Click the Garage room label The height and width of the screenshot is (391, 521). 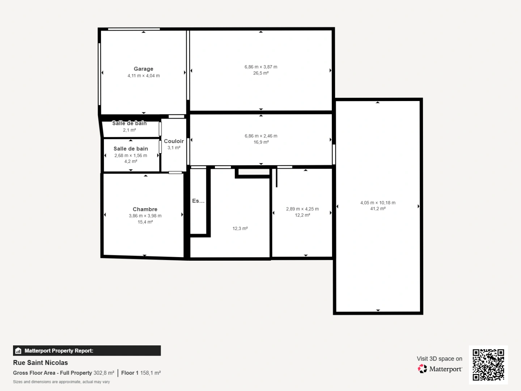point(143,69)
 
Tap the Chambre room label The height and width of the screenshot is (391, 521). point(145,209)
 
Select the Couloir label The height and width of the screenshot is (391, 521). point(174,141)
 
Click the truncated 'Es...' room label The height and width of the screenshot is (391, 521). point(198,201)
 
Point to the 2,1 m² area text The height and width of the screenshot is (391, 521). point(129,130)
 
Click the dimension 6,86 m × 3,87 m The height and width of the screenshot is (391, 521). point(260,67)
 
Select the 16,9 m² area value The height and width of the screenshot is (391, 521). point(261,142)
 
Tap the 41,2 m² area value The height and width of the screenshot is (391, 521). point(378,209)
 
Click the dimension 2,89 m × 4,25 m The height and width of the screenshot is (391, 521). point(302,209)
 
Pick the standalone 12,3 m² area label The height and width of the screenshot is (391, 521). point(240,228)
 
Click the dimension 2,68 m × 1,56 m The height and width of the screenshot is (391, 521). point(131,156)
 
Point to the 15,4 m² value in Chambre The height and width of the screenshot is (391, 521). point(145,222)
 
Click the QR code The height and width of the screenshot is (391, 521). point(488,365)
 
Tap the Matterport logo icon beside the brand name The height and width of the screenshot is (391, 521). point(422,369)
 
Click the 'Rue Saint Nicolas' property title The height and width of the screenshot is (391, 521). point(41,363)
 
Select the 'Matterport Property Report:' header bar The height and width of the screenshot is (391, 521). point(87,350)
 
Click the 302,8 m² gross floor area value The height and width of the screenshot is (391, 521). point(104,373)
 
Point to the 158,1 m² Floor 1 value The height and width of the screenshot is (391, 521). point(150,373)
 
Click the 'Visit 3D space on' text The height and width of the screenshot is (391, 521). point(439,359)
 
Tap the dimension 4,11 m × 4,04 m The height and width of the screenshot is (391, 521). point(143,76)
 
